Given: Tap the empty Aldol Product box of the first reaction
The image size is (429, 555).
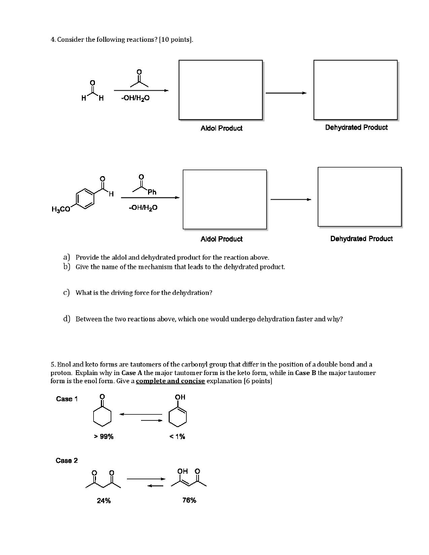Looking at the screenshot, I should (221, 89).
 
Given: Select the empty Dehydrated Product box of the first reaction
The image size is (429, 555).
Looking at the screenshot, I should (356, 89).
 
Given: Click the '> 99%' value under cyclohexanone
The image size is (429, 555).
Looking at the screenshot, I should (103, 437).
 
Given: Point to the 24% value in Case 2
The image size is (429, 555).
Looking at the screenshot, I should (104, 500).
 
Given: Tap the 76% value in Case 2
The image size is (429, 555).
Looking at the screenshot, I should (189, 500).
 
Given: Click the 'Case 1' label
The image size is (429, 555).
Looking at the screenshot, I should (67, 399).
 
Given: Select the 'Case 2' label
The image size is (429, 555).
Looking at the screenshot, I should (67, 461).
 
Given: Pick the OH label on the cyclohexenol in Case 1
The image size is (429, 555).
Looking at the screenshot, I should (180, 397).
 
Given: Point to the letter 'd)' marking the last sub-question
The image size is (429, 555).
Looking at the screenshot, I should (67, 319).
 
